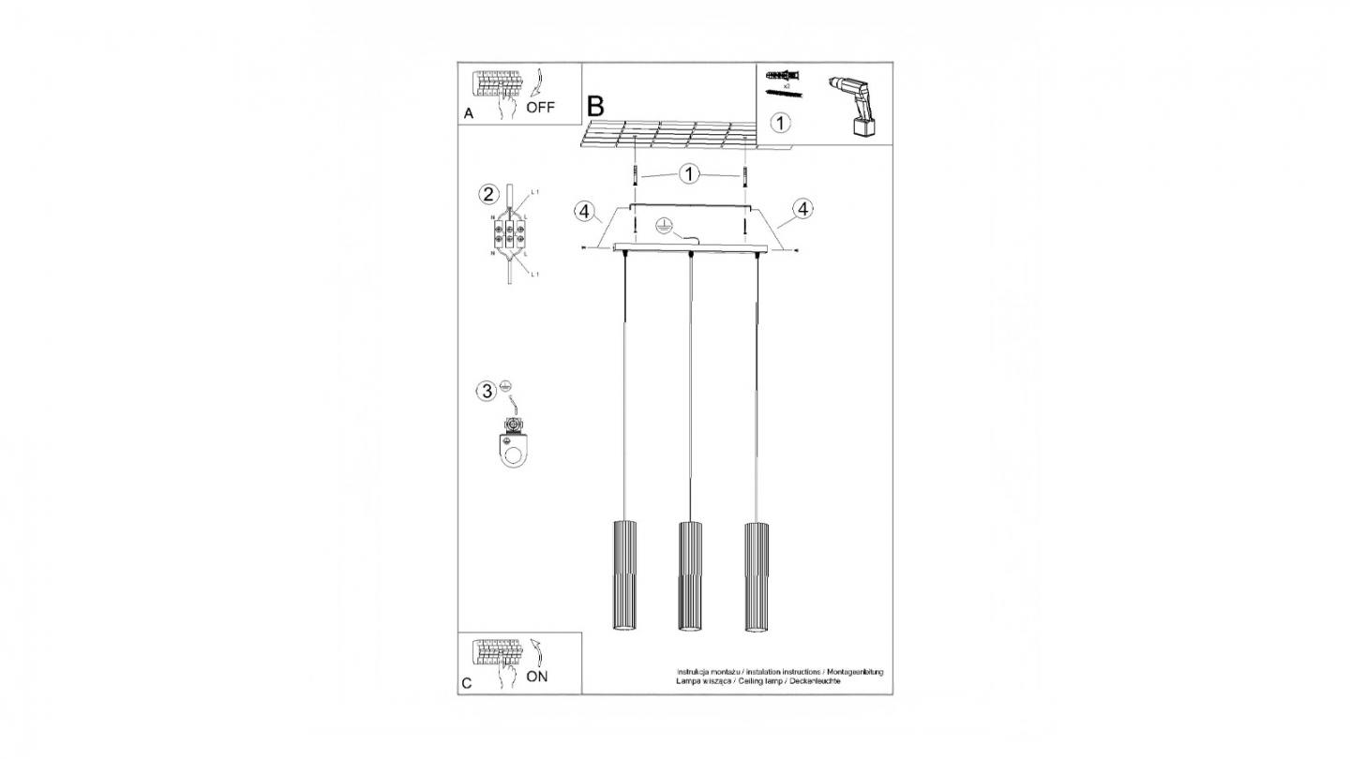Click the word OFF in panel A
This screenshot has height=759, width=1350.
click(540, 107)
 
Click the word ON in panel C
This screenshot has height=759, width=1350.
click(537, 677)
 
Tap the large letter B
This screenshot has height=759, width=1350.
click(594, 106)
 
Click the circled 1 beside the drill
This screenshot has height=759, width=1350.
click(780, 122)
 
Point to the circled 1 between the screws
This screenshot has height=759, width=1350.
click(690, 174)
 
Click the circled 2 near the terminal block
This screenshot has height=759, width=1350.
click(487, 194)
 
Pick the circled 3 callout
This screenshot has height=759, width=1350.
click(486, 391)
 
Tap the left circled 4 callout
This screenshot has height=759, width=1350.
click(585, 212)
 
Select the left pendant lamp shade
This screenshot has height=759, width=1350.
click(625, 575)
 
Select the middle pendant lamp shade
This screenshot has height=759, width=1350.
click(690, 575)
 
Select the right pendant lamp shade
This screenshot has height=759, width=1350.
click(757, 575)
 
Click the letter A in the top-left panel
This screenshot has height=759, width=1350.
click(468, 113)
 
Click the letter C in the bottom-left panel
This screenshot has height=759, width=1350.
click(467, 683)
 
